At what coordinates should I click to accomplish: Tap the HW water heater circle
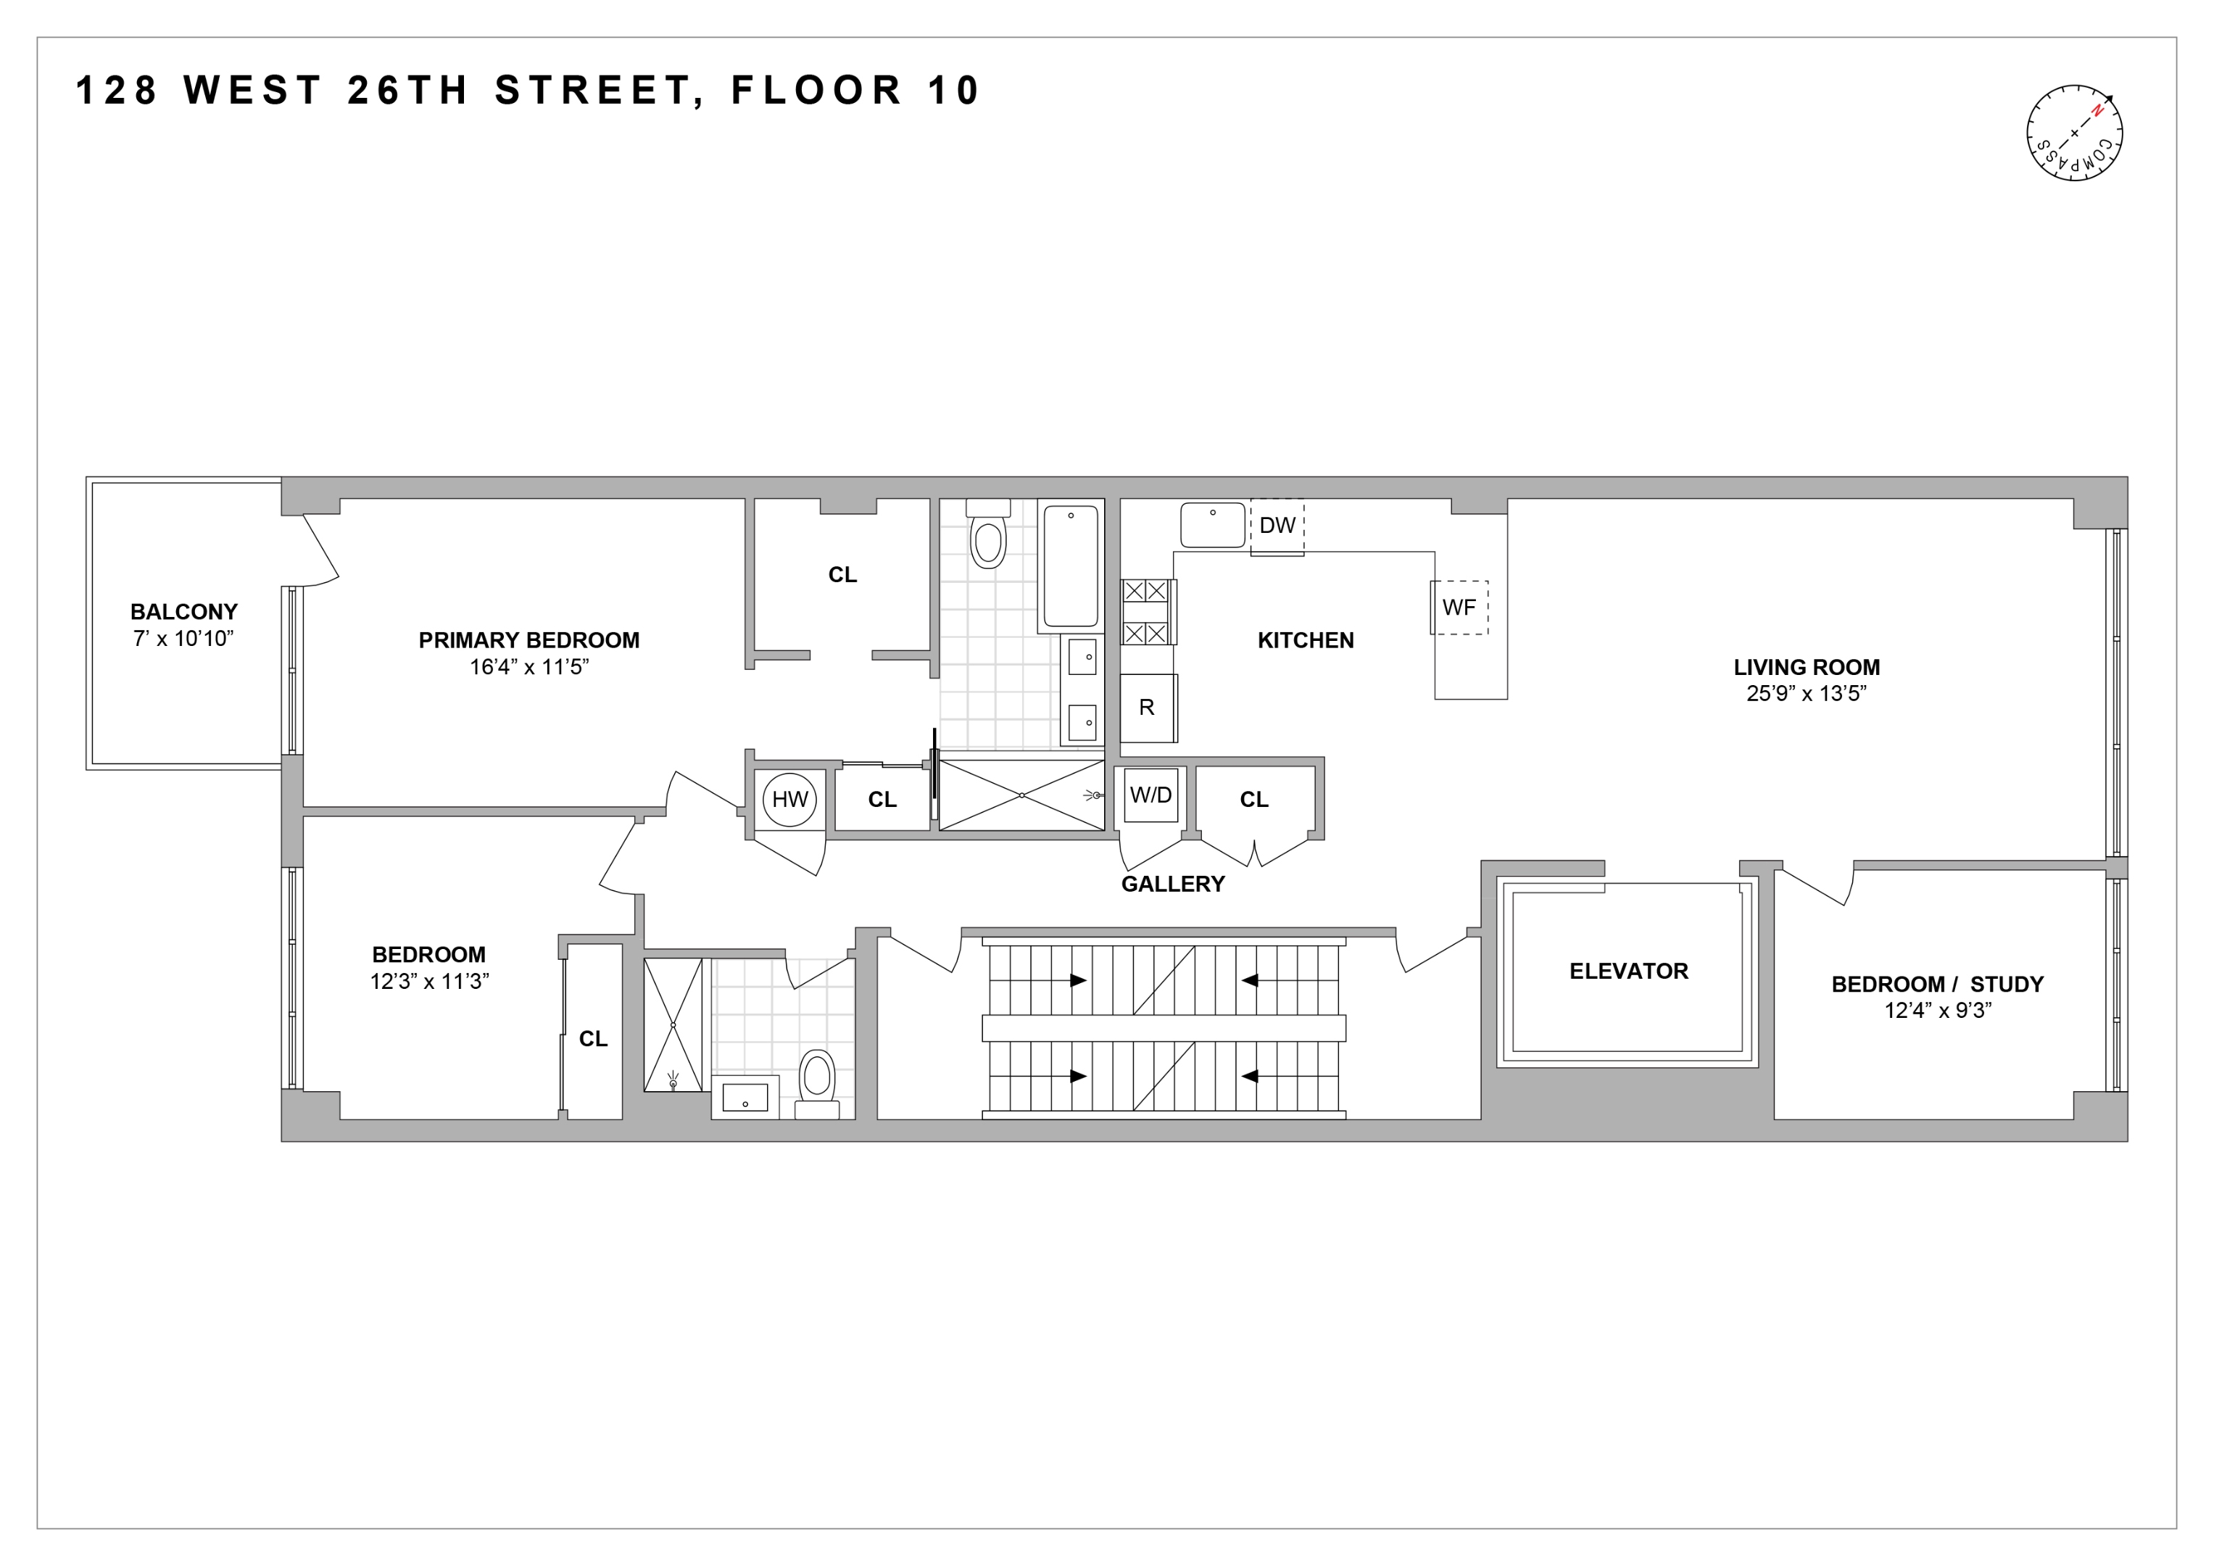789,800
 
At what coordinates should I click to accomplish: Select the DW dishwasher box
1277,526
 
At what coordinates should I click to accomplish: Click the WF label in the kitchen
1458,608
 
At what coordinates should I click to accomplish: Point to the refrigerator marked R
1147,708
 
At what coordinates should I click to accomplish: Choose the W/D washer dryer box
1150,795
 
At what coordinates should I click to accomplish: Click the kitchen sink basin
1212,526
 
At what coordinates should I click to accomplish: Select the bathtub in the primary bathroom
1070,566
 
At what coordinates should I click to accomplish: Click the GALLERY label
1172,884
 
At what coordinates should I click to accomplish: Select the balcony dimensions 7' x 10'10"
183,638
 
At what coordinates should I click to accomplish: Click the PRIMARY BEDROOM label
528,640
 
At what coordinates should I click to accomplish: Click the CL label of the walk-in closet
842,575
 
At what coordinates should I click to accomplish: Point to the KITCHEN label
1306,640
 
